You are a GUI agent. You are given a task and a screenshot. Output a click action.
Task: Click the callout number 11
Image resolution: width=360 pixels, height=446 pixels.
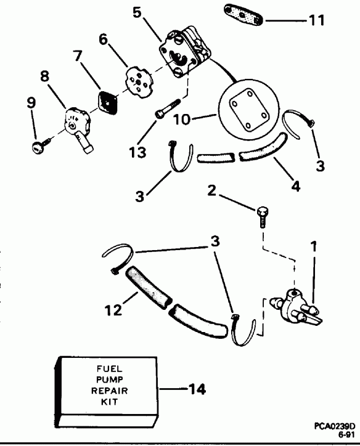316,20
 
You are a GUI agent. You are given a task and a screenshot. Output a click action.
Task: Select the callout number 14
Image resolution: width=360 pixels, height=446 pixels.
197,389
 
